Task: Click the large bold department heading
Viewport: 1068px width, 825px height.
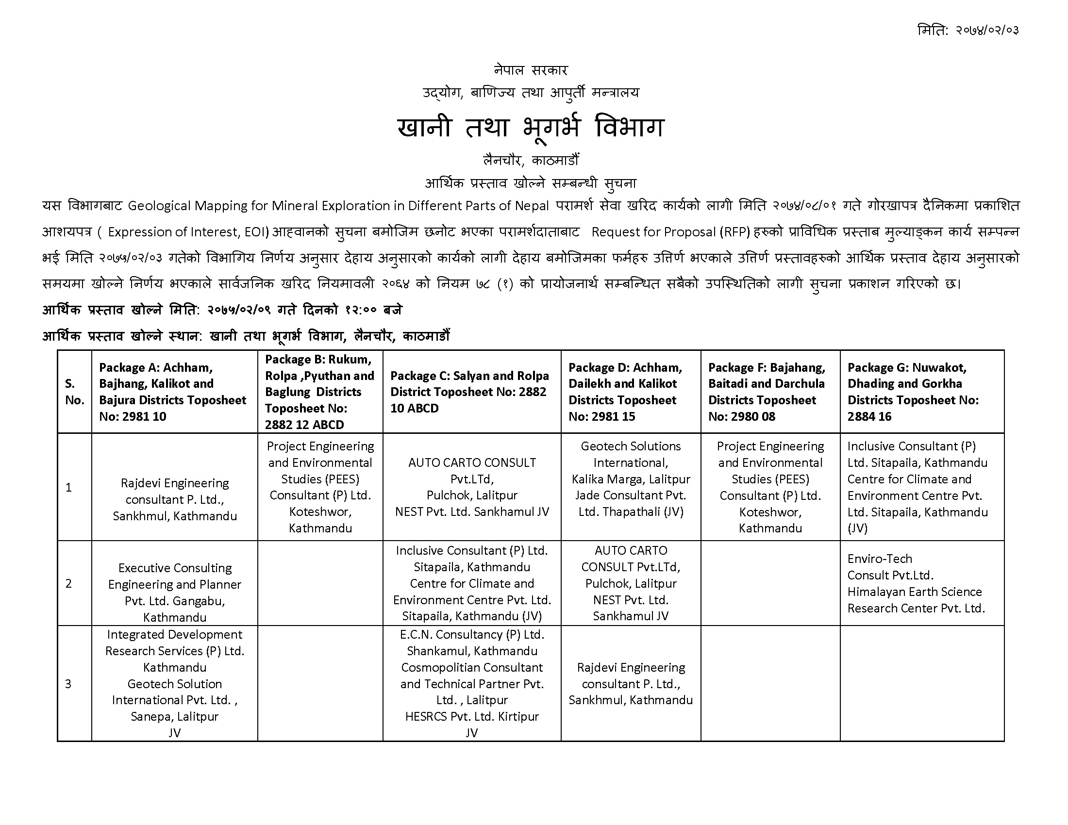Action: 531,127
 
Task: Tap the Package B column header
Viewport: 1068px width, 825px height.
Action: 320,392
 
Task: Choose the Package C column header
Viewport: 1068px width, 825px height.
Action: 471,392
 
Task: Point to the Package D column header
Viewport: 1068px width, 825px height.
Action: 630,392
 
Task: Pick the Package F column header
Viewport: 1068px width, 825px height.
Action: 770,392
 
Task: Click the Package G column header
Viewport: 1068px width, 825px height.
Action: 922,392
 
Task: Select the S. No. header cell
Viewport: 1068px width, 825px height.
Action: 74,392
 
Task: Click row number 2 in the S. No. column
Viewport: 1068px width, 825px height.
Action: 69,583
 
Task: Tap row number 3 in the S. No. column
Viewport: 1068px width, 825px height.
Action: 68,684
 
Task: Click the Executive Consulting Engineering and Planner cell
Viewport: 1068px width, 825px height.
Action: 175,593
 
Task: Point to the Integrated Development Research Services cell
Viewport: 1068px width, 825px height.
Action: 175,683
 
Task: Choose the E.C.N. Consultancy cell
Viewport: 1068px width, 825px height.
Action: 472,683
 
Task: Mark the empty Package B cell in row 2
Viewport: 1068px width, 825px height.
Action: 320,583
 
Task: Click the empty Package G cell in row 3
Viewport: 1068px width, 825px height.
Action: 922,683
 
